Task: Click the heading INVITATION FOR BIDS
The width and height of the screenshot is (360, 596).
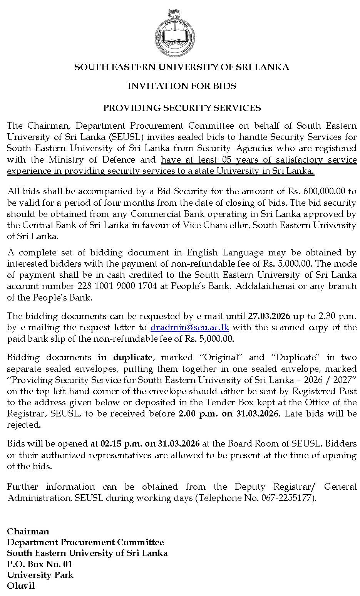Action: (x=182, y=86)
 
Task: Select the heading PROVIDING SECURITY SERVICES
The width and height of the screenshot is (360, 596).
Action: (x=182, y=108)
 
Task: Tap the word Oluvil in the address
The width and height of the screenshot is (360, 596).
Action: (x=21, y=586)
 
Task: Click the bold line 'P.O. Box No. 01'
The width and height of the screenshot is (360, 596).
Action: (x=40, y=564)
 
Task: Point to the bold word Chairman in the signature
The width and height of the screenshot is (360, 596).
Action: (x=28, y=531)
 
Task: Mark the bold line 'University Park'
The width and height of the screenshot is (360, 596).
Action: (x=40, y=575)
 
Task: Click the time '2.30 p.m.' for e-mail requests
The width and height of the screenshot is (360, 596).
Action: (x=338, y=316)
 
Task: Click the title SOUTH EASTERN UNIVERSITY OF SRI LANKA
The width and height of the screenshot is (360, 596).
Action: (x=182, y=67)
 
